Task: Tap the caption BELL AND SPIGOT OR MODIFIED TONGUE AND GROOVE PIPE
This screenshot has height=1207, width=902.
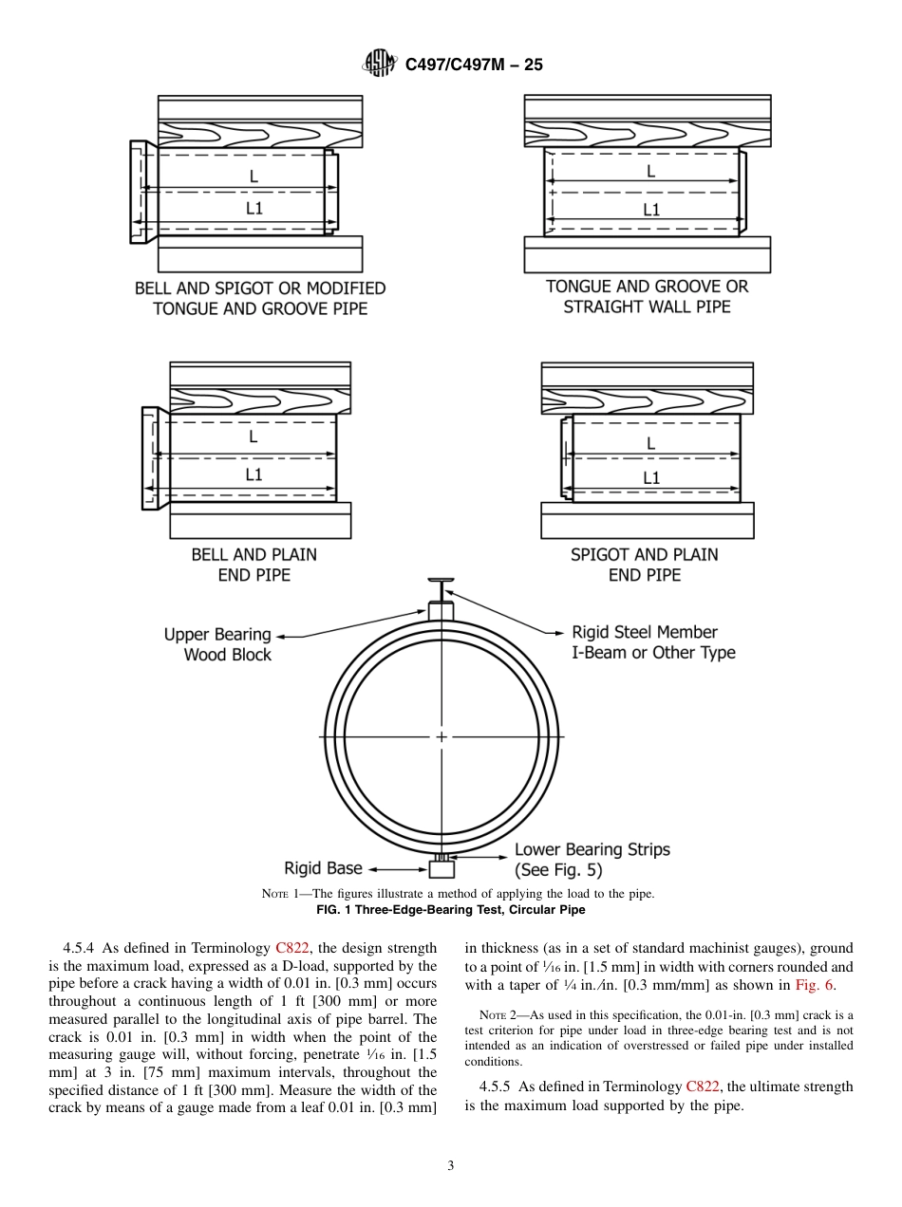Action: (x=260, y=298)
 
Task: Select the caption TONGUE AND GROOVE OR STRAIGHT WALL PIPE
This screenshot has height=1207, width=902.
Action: (x=647, y=296)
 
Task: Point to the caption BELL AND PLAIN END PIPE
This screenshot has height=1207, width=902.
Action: (x=254, y=565)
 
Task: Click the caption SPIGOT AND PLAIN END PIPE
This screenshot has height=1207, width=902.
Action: (x=645, y=565)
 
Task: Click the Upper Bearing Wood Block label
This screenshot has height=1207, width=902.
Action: (x=218, y=644)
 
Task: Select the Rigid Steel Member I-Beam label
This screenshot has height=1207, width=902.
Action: (x=653, y=642)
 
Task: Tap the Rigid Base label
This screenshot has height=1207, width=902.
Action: (x=323, y=868)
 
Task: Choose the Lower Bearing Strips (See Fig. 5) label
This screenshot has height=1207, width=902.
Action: (x=592, y=859)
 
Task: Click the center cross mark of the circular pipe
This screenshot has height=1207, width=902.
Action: (x=442, y=737)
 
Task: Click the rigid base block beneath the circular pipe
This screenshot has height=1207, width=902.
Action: (x=442, y=869)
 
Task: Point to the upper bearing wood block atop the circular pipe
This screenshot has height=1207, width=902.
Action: (x=442, y=610)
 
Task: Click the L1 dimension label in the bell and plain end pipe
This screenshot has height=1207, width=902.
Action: (x=254, y=474)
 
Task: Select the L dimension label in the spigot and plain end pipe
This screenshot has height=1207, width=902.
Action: (x=650, y=443)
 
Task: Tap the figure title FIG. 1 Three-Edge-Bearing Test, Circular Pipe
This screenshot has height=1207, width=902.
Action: (x=450, y=910)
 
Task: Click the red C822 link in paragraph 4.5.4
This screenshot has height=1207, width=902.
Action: (x=291, y=948)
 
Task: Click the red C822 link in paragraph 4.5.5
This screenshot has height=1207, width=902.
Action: (x=703, y=1086)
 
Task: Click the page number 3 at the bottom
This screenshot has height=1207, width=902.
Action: (x=451, y=1166)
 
